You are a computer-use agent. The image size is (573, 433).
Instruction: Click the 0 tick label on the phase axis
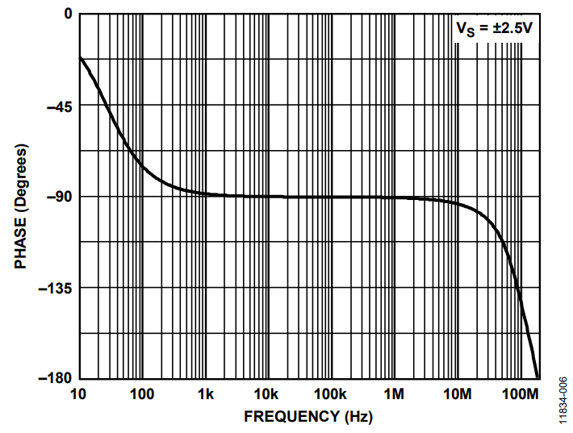[x=67, y=15]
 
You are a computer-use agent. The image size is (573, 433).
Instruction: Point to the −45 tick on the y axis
[x=57, y=106]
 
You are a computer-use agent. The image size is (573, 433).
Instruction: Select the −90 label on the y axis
[x=57, y=197]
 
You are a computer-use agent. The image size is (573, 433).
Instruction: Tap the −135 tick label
[x=54, y=288]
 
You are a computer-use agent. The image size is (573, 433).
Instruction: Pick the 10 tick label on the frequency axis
[x=78, y=394]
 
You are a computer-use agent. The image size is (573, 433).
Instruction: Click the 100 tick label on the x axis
[x=141, y=394]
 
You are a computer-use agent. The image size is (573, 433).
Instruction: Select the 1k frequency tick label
[x=205, y=394]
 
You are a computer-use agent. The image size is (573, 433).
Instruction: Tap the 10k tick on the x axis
[x=268, y=394]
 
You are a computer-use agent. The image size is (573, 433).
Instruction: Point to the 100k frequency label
[x=330, y=394]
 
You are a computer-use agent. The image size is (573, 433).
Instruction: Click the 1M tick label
[x=395, y=394]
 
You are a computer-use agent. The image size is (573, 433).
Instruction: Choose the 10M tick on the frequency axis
[x=457, y=394]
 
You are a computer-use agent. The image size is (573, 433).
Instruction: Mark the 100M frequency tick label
[x=520, y=394]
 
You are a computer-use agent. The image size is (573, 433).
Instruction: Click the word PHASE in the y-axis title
[x=21, y=242]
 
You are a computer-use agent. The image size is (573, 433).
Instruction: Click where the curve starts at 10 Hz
[x=79, y=57]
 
